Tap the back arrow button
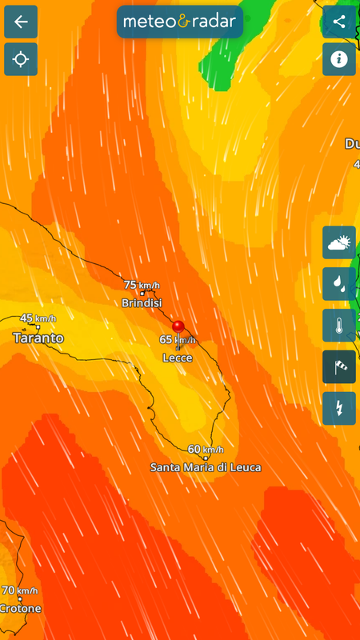(21, 22)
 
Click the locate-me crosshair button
(21, 59)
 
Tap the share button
(339, 22)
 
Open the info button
(339, 59)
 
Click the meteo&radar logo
(180, 22)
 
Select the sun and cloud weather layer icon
(339, 242)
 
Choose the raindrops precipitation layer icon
(339, 283)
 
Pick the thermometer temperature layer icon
(339, 325)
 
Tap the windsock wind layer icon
(339, 366)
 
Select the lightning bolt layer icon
(339, 408)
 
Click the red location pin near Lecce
(178, 326)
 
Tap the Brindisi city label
(142, 303)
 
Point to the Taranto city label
(38, 338)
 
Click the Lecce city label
(177, 358)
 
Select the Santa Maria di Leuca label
(206, 467)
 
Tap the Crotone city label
(20, 608)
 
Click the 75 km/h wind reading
(142, 285)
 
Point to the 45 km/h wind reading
(38, 318)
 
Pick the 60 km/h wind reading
(206, 449)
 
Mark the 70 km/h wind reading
(19, 590)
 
